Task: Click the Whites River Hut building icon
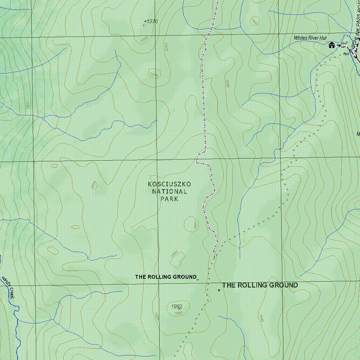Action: pos(332,45)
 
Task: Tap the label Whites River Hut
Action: pos(310,38)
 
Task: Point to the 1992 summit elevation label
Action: pos(177,307)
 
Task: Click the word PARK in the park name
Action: pos(169,199)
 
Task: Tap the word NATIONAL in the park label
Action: pos(169,192)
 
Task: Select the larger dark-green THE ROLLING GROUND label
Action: pos(260,285)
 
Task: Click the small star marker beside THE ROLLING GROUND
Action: pos(219,290)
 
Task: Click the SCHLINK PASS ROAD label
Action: pos(356,21)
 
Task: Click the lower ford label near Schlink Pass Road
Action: pos(346,54)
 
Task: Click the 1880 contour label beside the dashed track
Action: pos(227,84)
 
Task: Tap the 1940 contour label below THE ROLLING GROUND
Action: pos(260,319)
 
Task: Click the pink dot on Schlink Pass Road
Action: pos(356,52)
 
